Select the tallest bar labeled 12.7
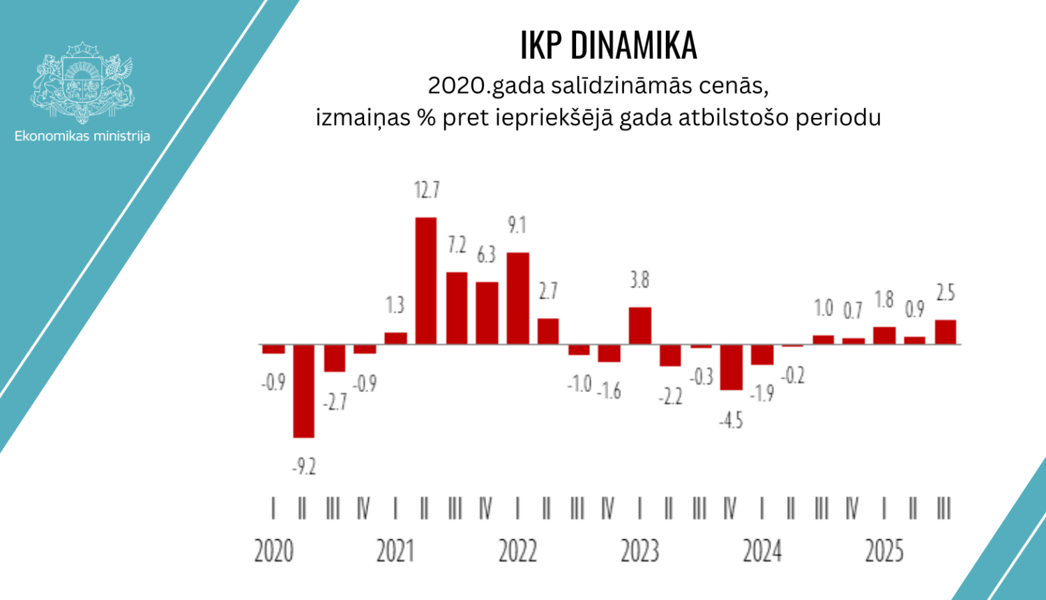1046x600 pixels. click(x=426, y=280)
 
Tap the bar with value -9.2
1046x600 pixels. click(x=303, y=391)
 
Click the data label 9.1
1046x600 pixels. click(x=517, y=225)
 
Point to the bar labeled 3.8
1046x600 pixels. click(x=639, y=325)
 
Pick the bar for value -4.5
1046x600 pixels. click(x=731, y=367)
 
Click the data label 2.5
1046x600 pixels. click(x=945, y=293)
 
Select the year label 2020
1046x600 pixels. click(x=273, y=551)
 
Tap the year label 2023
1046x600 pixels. click(x=639, y=551)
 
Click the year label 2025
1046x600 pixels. click(x=884, y=551)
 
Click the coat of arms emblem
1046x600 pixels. click(x=82, y=82)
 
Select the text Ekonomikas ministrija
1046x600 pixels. click(x=82, y=136)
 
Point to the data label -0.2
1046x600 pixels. click(x=792, y=376)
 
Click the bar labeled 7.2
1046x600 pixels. click(x=457, y=308)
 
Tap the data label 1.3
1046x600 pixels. click(x=395, y=305)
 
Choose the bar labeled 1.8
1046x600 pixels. click(x=884, y=335)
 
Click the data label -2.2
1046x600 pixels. click(x=670, y=397)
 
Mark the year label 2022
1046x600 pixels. click(x=517, y=551)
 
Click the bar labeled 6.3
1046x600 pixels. click(x=487, y=313)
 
